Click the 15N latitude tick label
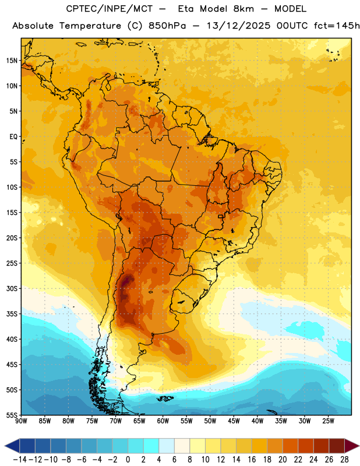12,61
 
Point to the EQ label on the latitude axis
13,137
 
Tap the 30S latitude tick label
12,288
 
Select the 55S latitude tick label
12,415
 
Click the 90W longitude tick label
21,421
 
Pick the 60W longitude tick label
163,421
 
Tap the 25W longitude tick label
328,421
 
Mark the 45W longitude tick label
234,421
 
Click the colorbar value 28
345,460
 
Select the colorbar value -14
20,460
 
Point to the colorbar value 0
128,460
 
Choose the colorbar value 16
252,460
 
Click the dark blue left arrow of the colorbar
12,446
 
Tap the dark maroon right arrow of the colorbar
352,446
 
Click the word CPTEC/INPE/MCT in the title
109,9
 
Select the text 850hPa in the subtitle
167,26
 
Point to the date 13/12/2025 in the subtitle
238,26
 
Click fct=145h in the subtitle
337,26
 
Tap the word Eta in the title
186,9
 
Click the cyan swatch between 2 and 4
151,446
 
